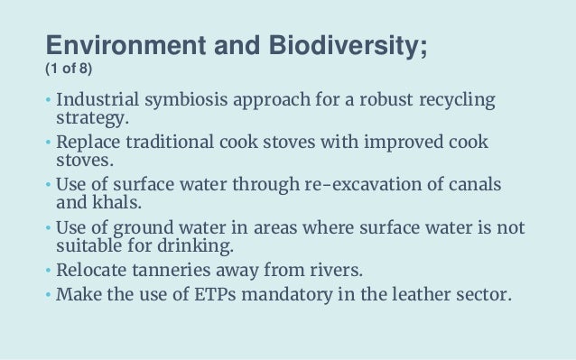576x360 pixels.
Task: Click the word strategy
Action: click(90, 117)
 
